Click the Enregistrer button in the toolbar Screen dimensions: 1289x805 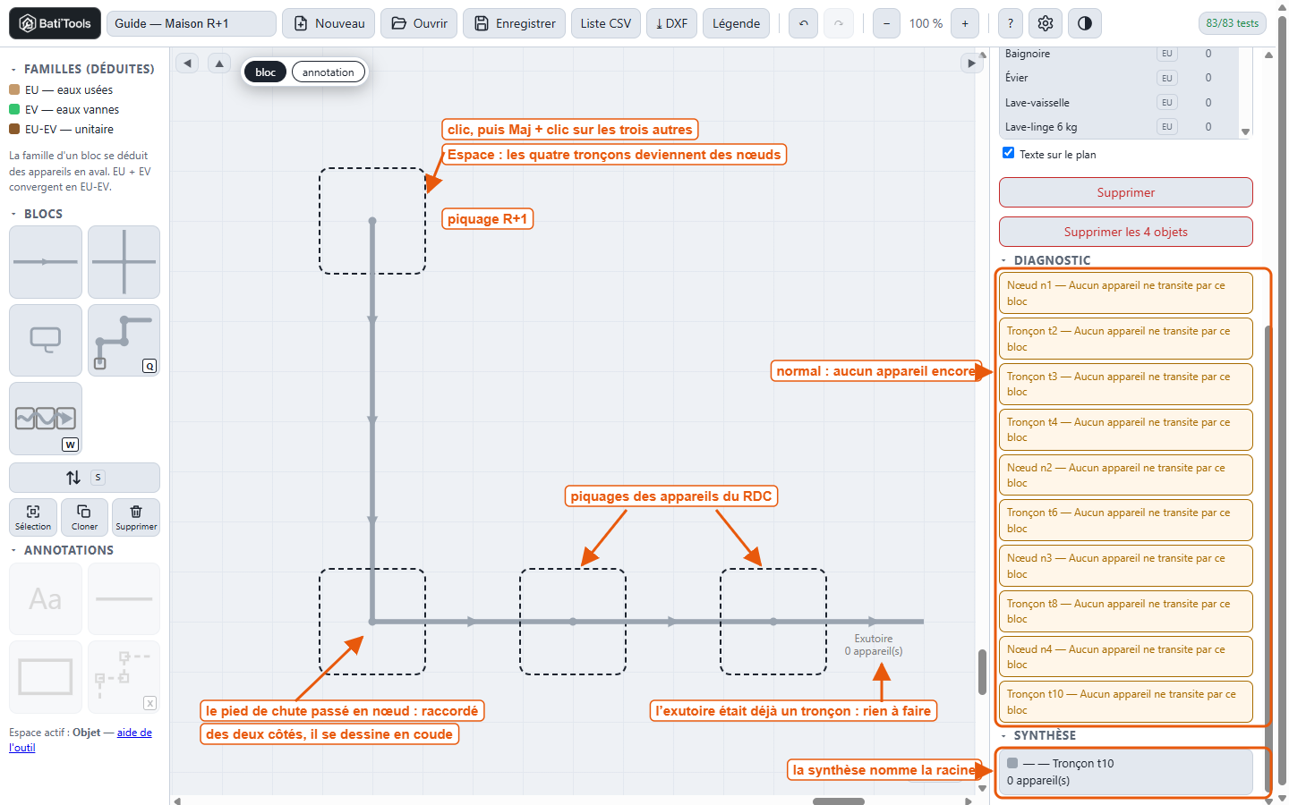pos(514,23)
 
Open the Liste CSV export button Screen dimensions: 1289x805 pos(605,23)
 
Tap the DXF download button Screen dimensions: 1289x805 pos(671,23)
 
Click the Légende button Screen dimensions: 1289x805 pos(736,23)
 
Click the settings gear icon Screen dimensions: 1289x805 pos(1045,23)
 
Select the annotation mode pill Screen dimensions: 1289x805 pos(328,72)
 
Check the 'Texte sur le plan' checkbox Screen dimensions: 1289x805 pos(1008,153)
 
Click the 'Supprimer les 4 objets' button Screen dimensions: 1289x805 pos(1125,232)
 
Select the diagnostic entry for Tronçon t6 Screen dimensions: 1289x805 pos(1125,521)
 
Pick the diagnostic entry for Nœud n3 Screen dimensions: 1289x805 pos(1125,566)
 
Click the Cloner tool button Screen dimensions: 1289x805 pos(84,517)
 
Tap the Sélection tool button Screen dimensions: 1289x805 pos(33,517)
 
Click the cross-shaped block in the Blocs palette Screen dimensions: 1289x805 pos(124,261)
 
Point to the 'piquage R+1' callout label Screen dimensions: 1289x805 pos(487,219)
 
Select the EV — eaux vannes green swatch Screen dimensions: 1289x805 pos(14,109)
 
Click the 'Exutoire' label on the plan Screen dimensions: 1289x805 pos(874,639)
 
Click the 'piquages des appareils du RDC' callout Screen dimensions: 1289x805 pos(671,496)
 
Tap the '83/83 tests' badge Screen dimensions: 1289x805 pos(1232,23)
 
